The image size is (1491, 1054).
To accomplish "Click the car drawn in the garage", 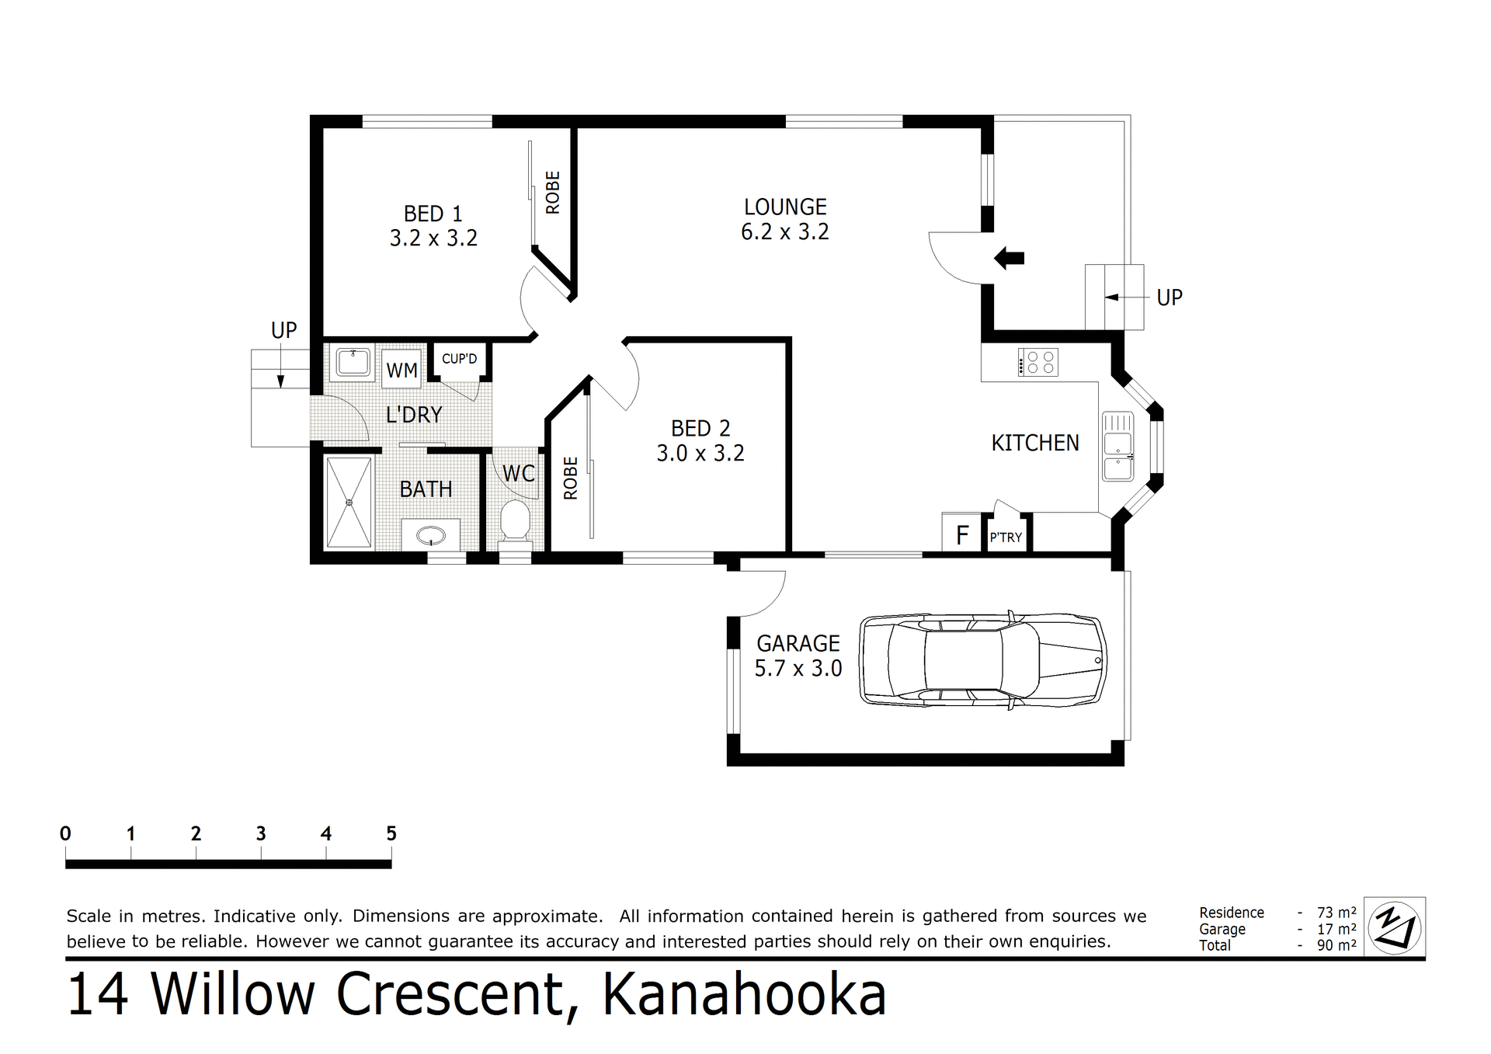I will click(x=982, y=660).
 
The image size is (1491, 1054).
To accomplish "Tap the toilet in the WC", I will click(x=514, y=521).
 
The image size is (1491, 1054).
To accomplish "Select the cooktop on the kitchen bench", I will click(x=1038, y=362).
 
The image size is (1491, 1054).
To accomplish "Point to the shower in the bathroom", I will click(x=349, y=503).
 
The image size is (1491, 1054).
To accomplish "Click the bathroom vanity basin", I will click(x=430, y=535).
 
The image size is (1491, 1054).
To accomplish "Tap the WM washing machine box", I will click(x=401, y=370).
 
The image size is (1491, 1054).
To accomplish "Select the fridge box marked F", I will click(x=962, y=534).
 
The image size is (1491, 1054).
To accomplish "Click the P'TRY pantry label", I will click(x=1006, y=537).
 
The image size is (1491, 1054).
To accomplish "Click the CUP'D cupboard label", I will click(x=459, y=359).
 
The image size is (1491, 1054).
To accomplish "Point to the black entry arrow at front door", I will click(x=1009, y=258).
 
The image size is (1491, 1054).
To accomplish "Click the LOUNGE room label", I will click(x=785, y=207).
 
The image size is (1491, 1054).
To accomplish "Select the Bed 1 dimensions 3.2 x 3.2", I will click(x=433, y=238).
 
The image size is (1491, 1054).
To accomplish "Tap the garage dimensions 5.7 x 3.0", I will click(x=798, y=669).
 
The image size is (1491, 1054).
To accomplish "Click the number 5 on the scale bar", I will click(x=391, y=834).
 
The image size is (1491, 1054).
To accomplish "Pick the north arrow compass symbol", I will click(x=1395, y=926).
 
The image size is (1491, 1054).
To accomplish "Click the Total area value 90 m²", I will click(x=1336, y=945).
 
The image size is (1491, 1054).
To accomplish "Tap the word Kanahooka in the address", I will click(x=744, y=995).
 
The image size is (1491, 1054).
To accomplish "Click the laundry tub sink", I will click(x=353, y=363).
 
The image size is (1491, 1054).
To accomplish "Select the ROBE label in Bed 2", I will click(x=571, y=478).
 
